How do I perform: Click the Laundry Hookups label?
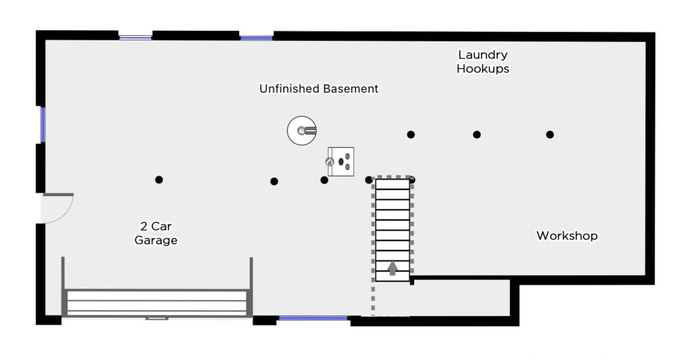483,62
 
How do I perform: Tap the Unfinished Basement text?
318,89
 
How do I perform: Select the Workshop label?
567,236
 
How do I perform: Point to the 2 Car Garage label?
156,233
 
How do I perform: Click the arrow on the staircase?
392,268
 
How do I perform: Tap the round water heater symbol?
302,131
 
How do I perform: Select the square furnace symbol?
341,161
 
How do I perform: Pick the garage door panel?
157,303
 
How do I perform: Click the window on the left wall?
43,125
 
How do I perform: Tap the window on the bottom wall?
313,318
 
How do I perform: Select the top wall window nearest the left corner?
136,37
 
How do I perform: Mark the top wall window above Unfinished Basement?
257,38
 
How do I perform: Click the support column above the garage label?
159,180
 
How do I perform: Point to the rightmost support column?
550,134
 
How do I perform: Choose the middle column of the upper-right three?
477,134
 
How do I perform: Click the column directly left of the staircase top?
369,180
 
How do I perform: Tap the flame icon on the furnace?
330,161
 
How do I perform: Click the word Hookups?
483,69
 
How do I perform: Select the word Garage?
156,240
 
